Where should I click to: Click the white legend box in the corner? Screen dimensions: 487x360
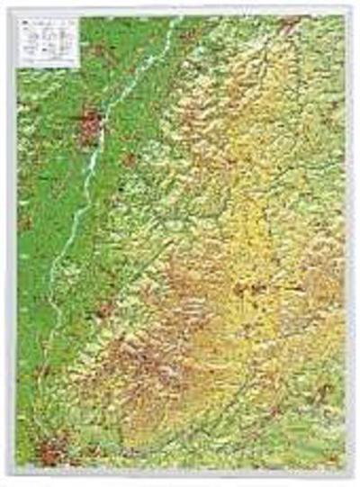(47, 41)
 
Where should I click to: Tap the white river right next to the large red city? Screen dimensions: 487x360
(106, 126)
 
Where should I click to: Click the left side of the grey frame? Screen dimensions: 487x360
(13, 243)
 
